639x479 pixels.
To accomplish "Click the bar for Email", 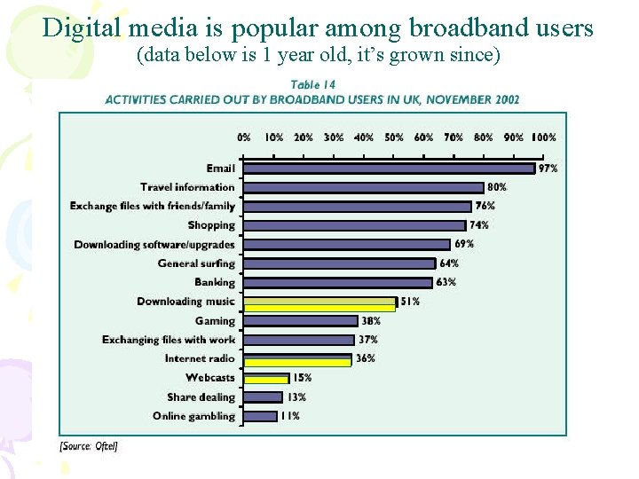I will (x=389, y=169).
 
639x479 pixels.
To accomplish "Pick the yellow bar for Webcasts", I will (x=265, y=379).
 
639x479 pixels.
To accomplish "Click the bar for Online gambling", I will (x=260, y=416).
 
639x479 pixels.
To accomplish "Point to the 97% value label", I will (x=548, y=169).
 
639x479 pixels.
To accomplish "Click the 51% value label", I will (x=410, y=302).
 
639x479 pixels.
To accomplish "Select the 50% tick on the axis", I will (x=394, y=137).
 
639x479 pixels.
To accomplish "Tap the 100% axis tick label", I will (x=542, y=137).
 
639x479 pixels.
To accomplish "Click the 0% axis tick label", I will (x=243, y=137).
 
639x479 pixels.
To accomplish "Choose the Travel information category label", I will (x=187, y=187).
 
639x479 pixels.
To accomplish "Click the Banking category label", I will (x=215, y=282).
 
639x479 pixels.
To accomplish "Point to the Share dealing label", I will (x=201, y=397).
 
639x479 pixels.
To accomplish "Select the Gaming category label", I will (x=216, y=320).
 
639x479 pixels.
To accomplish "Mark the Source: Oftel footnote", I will (x=89, y=446).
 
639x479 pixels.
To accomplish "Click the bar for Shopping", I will (x=354, y=225).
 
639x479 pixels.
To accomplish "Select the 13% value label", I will (x=296, y=397).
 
